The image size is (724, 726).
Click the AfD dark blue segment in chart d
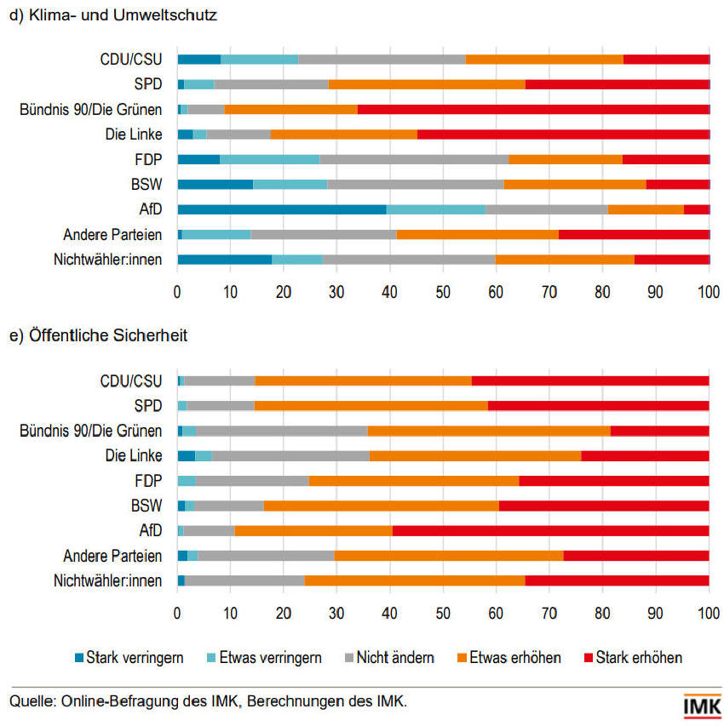click(281, 209)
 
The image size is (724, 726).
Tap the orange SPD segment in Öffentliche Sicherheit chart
click(371, 405)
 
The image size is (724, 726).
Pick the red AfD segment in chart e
click(550, 531)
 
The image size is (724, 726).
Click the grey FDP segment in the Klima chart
click(414, 159)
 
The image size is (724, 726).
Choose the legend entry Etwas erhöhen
click(509, 657)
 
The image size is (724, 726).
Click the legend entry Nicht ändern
click(388, 657)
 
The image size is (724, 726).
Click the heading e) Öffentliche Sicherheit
click(98, 335)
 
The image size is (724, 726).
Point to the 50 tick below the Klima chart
click(443, 292)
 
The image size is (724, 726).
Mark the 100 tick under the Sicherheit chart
click(709, 611)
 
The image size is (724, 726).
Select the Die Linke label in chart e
click(134, 456)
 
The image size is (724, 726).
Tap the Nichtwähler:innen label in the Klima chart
click(107, 260)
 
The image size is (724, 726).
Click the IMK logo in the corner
click(702, 706)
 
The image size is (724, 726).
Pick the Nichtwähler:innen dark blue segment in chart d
click(224, 260)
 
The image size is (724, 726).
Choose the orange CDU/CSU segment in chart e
click(363, 380)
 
